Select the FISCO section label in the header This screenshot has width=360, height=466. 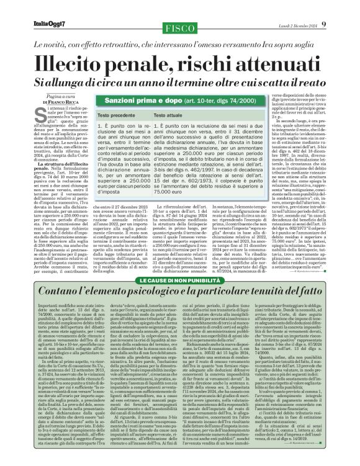(179, 30)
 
